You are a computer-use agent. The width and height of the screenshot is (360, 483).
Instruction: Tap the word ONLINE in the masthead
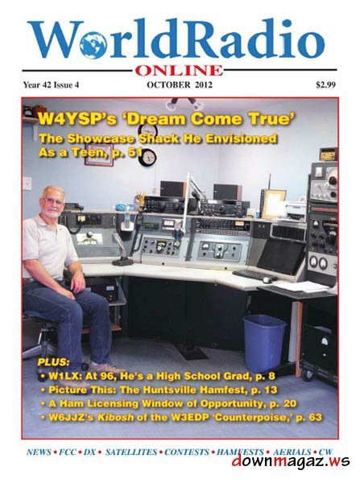[x=179, y=70]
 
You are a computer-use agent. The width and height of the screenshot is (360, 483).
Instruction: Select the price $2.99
[x=326, y=83]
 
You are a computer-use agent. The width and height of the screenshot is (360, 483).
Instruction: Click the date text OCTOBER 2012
[x=179, y=83]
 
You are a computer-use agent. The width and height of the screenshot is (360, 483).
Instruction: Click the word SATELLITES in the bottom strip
[x=132, y=452]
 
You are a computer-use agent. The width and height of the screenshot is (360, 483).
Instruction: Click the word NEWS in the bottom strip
[x=39, y=452]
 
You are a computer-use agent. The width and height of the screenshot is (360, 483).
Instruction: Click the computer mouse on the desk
[x=266, y=279]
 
